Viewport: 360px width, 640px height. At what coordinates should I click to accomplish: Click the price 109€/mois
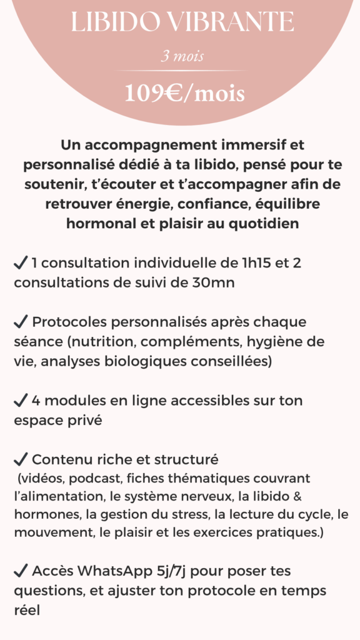pos(184,94)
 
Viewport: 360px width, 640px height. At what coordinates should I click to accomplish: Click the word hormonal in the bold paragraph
pos(93,223)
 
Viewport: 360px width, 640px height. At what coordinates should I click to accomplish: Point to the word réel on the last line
pos(27,610)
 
